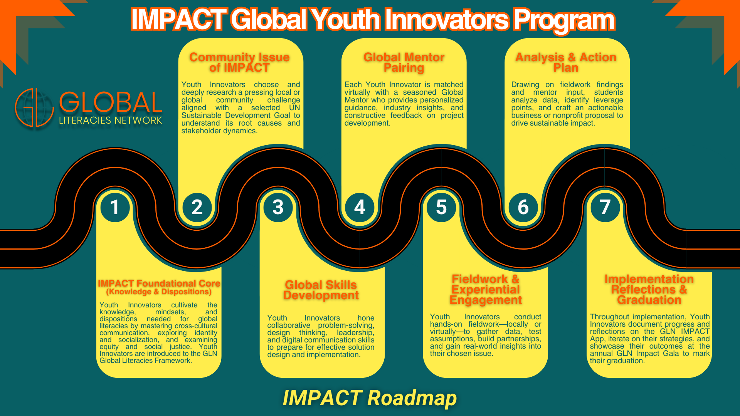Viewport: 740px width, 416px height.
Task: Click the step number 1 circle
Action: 115,207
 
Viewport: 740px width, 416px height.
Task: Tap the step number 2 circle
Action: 197,207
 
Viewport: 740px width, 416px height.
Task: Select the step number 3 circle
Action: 278,207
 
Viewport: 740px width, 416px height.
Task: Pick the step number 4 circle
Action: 360,207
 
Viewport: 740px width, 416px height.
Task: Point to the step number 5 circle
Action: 441,207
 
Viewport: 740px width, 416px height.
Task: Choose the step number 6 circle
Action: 523,207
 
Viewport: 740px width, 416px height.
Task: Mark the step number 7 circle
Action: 605,207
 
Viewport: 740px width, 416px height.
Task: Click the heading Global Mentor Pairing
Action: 404,62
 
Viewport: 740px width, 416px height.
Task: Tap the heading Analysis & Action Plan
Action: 566,62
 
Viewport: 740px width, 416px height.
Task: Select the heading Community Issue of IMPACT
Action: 239,62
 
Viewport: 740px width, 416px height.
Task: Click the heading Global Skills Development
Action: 321,290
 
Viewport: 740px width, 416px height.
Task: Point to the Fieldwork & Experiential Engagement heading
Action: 486,289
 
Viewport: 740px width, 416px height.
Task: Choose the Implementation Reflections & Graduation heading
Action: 649,289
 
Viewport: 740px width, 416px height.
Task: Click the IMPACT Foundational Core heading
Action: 159,283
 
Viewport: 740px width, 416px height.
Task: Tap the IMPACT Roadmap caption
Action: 370,398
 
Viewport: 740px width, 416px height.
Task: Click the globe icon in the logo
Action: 34,108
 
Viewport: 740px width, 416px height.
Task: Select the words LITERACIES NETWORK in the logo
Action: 111,121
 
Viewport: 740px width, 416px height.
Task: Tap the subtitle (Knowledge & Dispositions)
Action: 159,292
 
